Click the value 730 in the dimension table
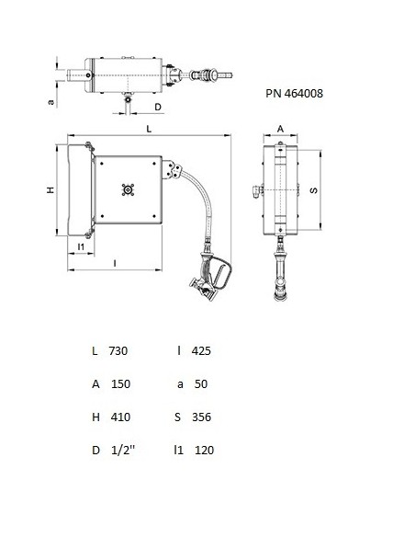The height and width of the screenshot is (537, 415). click(118, 350)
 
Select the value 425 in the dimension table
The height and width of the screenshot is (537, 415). click(201, 350)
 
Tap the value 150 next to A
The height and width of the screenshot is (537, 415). click(119, 383)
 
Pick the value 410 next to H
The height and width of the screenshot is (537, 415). click(119, 417)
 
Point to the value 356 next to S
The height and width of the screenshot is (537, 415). click(202, 417)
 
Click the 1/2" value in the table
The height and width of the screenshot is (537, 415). click(121, 450)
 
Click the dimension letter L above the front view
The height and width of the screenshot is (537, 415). click(148, 131)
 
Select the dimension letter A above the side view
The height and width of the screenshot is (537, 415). click(280, 130)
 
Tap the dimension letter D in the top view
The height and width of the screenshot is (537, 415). click(158, 108)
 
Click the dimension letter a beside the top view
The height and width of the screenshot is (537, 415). click(51, 103)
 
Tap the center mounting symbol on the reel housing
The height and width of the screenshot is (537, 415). click(128, 190)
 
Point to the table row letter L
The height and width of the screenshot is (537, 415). click(95, 350)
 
